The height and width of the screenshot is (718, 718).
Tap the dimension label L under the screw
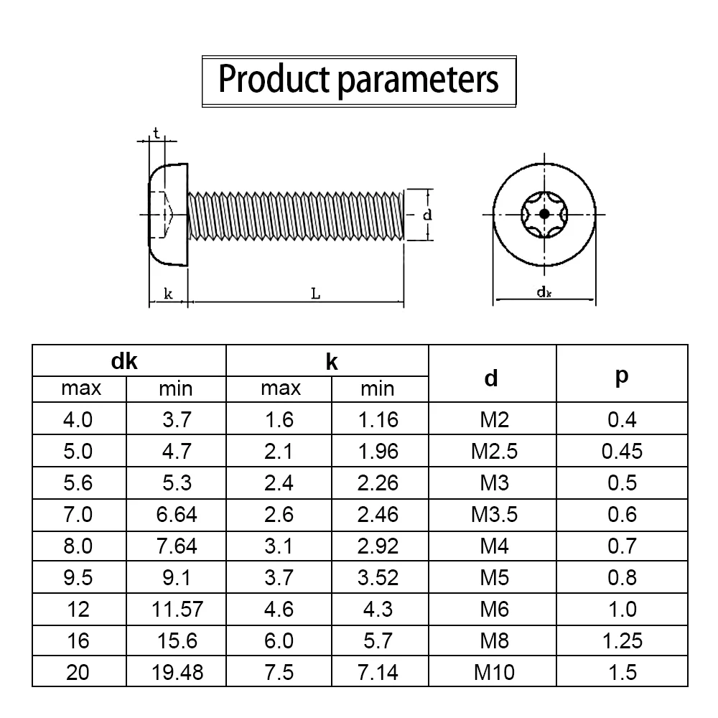pyautogui.click(x=316, y=294)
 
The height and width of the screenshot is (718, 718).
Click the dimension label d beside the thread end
pyautogui.click(x=426, y=214)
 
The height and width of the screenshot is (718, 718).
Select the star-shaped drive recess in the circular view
pyautogui.click(x=544, y=214)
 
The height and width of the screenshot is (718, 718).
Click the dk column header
pyautogui.click(x=124, y=362)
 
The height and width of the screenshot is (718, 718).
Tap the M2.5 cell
pyautogui.click(x=494, y=451)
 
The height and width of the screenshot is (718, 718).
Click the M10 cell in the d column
pyautogui.click(x=494, y=672)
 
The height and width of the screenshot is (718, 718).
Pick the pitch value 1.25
pyautogui.click(x=622, y=640)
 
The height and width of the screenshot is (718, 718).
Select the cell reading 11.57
pyautogui.click(x=177, y=609)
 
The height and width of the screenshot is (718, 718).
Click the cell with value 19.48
pyautogui.click(x=177, y=672)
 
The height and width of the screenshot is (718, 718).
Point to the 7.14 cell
pyautogui.click(x=378, y=672)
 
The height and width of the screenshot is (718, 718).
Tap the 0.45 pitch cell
pyautogui.click(x=622, y=451)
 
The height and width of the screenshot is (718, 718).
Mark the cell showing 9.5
pyautogui.click(x=78, y=577)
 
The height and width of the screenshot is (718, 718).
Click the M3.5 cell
pyautogui.click(x=494, y=514)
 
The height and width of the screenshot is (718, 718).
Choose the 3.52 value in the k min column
pyautogui.click(x=378, y=577)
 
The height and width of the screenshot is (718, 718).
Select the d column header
pyautogui.click(x=491, y=378)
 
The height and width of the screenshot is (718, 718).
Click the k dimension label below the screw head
pyautogui.click(x=167, y=294)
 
